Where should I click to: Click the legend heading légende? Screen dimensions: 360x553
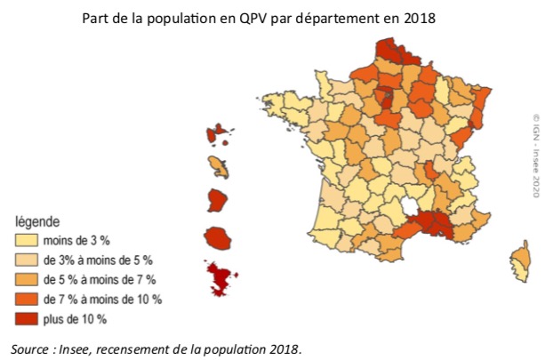[x=36, y=221]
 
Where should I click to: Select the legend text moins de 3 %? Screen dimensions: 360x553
[x=81, y=240]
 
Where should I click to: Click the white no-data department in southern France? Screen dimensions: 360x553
[x=412, y=207]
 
